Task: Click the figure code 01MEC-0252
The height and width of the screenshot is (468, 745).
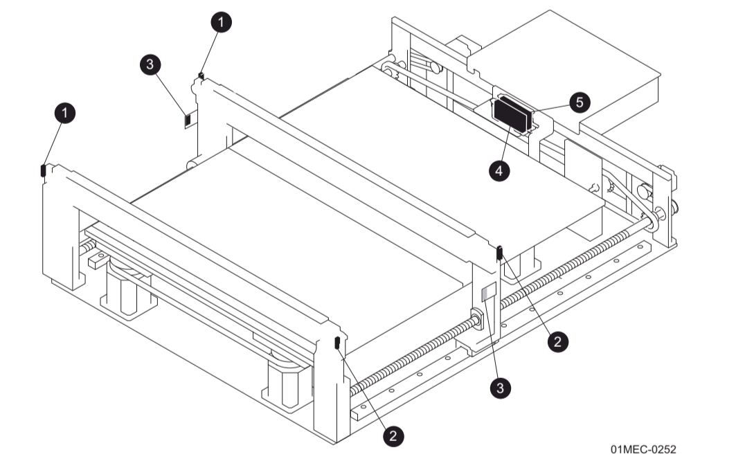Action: click(643, 449)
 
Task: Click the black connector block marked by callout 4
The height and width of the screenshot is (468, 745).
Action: click(512, 112)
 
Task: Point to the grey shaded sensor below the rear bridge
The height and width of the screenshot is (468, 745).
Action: click(488, 291)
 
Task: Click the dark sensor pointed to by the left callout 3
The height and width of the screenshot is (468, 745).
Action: click(186, 120)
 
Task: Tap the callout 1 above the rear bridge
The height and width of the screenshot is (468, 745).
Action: click(221, 22)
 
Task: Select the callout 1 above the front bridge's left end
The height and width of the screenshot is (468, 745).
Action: click(65, 113)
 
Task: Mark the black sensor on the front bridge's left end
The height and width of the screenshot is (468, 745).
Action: click(43, 170)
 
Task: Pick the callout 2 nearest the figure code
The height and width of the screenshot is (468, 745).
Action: click(558, 340)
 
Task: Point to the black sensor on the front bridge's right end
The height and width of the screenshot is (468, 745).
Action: click(336, 342)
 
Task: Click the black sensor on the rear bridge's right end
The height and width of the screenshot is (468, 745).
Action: click(499, 253)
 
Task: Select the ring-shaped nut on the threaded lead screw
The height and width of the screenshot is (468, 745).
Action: click(477, 319)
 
